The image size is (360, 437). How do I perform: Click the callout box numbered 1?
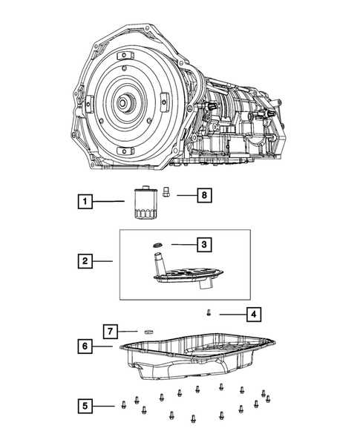tap(87, 200)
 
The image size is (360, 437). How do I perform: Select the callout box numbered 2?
tap(87, 260)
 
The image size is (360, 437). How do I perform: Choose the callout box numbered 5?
tap(87, 405)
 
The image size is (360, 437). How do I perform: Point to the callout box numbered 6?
tap(87, 346)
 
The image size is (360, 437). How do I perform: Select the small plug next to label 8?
tap(168, 194)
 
